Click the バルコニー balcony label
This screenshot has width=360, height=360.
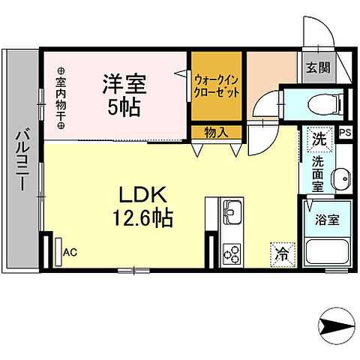coord(22,160)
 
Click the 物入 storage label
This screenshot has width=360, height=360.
coord(216,132)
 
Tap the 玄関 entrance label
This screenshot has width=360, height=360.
coord(317,67)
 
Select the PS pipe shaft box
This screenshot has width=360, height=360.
coord(345,133)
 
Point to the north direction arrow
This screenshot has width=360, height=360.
coord(335,326)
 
